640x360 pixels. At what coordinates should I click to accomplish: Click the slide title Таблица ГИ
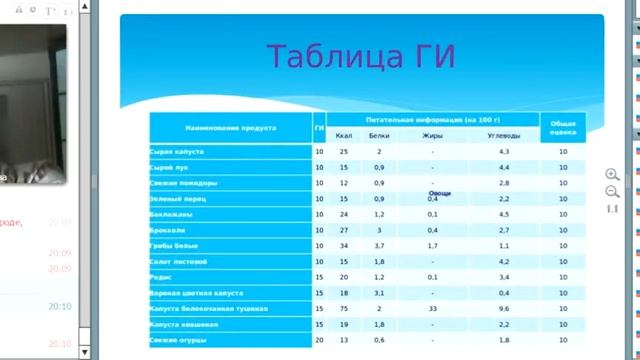(361, 56)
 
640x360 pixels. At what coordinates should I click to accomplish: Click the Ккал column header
(344, 135)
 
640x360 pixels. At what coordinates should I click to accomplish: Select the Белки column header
(379, 135)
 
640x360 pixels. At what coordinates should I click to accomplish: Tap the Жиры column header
(432, 135)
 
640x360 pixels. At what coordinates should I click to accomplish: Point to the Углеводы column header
(504, 135)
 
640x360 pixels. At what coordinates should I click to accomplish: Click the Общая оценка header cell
(564, 127)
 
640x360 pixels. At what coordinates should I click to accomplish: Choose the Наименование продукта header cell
(230, 127)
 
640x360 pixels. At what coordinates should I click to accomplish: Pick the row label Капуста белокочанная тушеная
(204, 309)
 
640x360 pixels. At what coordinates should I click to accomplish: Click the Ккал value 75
(344, 309)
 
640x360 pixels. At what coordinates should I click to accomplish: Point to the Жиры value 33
(432, 309)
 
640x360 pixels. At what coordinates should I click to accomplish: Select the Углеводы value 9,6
(504, 309)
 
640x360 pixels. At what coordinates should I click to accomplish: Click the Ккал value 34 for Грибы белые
(344, 246)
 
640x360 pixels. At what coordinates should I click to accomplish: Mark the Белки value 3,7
(379, 246)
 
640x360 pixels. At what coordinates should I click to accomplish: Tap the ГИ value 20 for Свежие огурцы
(319, 340)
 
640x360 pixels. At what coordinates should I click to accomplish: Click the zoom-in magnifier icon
(612, 175)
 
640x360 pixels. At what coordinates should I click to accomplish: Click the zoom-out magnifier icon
(612, 191)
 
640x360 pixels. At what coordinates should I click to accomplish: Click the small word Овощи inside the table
(439, 193)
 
